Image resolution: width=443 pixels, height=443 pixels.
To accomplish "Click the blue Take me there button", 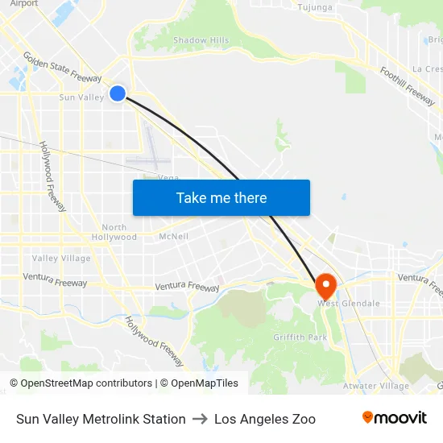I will coord(221,197).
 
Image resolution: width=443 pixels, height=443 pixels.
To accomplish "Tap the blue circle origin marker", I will coord(118,93).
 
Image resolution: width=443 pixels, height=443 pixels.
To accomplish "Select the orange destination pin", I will coord(325,286).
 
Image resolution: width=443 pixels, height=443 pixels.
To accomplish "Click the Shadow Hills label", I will coord(201,39).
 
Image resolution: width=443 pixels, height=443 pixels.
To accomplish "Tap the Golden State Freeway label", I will coord(62,68).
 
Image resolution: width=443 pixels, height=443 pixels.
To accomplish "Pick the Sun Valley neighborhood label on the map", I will coord(81,97).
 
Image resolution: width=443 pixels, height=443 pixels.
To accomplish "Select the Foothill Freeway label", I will coord(408,85).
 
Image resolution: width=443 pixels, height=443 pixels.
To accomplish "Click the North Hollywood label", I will coord(114,232).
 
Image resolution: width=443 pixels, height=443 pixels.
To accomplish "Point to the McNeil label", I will coord(174,236).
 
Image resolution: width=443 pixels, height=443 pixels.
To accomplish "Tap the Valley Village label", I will coord(61,259).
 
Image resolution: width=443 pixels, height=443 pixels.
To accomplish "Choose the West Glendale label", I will coord(349,303).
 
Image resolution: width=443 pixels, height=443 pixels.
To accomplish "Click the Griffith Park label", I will coord(300,337).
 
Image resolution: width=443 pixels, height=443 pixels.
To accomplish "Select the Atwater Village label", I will coord(377,385).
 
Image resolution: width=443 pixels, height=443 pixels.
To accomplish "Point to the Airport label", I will coord(23,3).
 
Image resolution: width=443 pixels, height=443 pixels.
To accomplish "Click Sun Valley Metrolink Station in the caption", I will coord(101,419).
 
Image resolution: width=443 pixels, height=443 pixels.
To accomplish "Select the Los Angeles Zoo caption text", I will coord(265,419).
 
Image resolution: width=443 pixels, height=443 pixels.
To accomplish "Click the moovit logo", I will coord(394,417).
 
